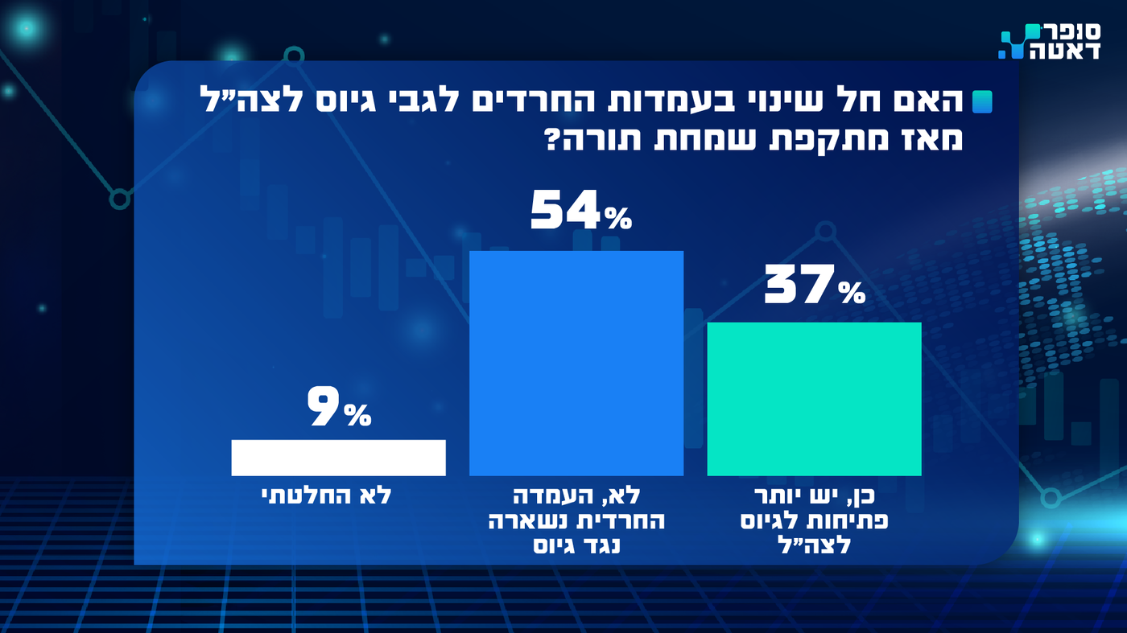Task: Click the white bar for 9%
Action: point(338,458)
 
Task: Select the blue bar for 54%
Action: point(576,363)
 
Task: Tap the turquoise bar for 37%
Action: point(814,399)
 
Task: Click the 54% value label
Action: point(581,212)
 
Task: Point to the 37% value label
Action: point(814,286)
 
